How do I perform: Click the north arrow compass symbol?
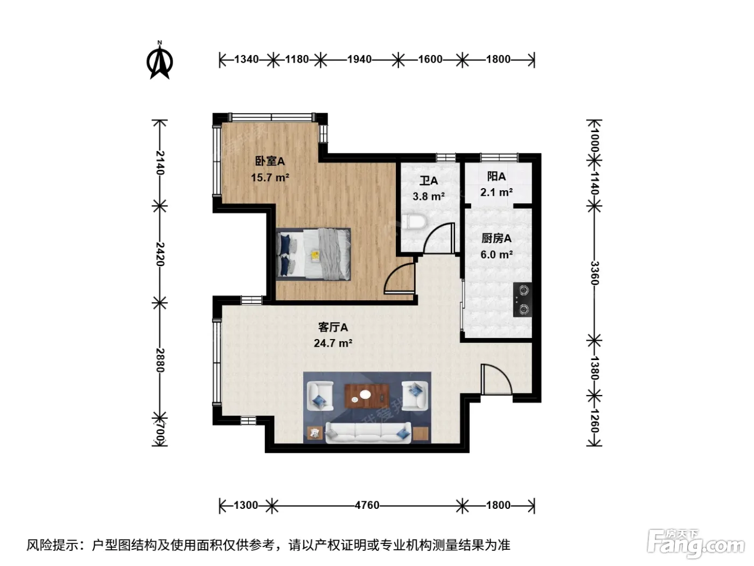point(160,60)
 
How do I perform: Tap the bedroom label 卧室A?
point(270,161)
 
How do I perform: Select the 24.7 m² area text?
point(333,343)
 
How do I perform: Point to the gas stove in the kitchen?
point(522,300)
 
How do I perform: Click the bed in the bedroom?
point(313,254)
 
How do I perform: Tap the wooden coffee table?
point(367,396)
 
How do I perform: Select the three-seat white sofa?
point(368,432)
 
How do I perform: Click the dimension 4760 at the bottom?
point(367,505)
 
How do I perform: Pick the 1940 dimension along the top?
point(359,59)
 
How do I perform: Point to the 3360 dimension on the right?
point(595,273)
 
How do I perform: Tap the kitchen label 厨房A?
point(497,238)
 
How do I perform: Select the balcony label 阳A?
point(497,176)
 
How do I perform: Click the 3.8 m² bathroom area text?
point(429,197)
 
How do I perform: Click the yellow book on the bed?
point(315,256)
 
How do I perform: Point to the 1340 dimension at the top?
point(246,59)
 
